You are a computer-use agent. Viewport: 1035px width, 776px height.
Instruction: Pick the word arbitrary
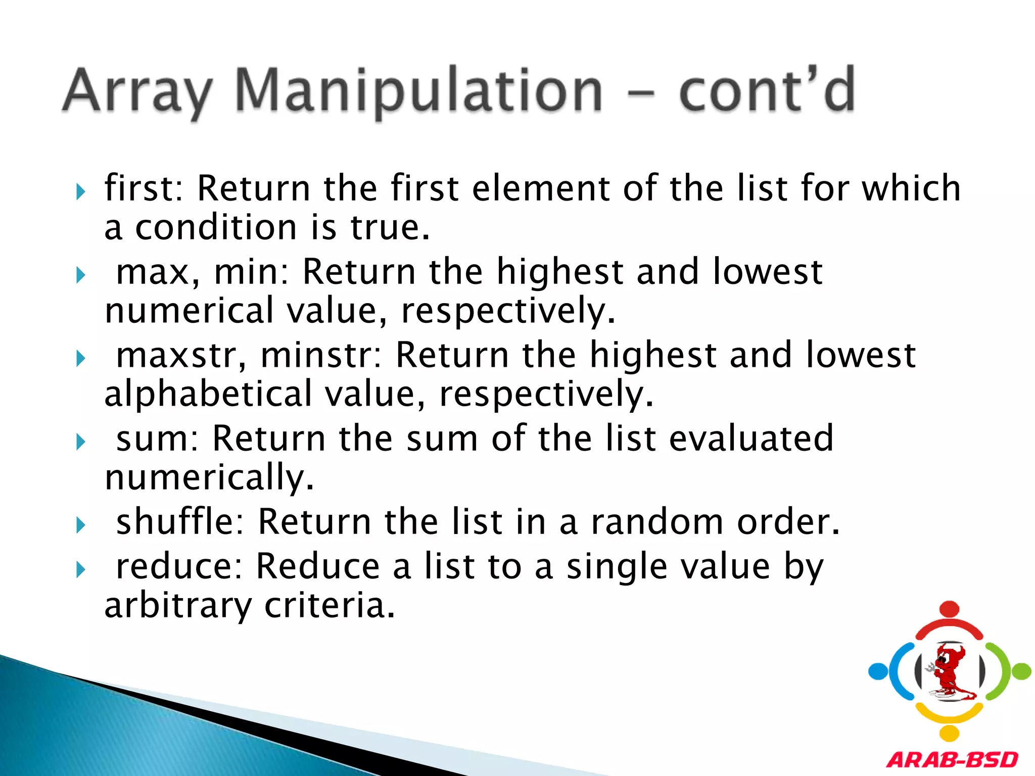pyautogui.click(x=177, y=605)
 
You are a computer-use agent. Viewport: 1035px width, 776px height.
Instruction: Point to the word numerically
pyautogui.click(x=209, y=477)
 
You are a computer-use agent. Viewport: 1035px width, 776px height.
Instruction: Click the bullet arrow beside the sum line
pyautogui.click(x=80, y=442)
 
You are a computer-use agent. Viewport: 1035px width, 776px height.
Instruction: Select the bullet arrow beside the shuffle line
pyautogui.click(x=80, y=525)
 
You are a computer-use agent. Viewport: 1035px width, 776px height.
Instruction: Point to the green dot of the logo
pyautogui.click(x=1021, y=671)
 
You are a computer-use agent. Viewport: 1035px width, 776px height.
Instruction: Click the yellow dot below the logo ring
pyautogui.click(x=950, y=733)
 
